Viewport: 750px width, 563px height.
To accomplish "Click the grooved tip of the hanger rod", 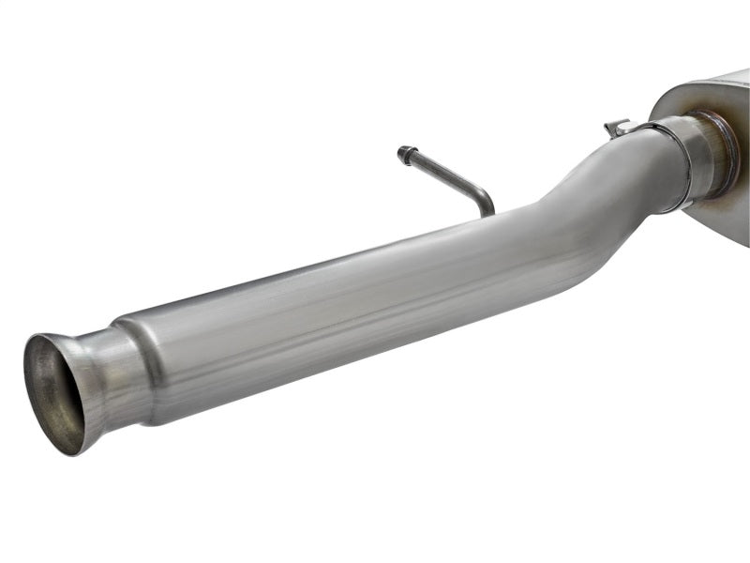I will [404, 152].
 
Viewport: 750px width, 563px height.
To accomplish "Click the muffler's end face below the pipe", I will [722, 221].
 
